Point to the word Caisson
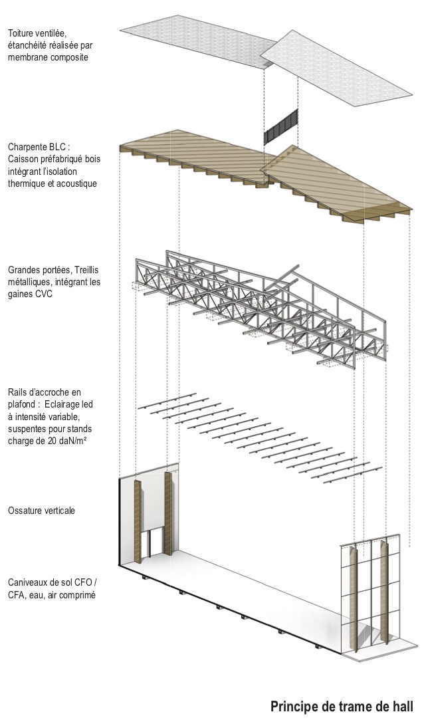coord(25,159)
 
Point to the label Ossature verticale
coord(41,511)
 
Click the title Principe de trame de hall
coord(342,706)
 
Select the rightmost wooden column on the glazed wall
coord(383,592)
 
